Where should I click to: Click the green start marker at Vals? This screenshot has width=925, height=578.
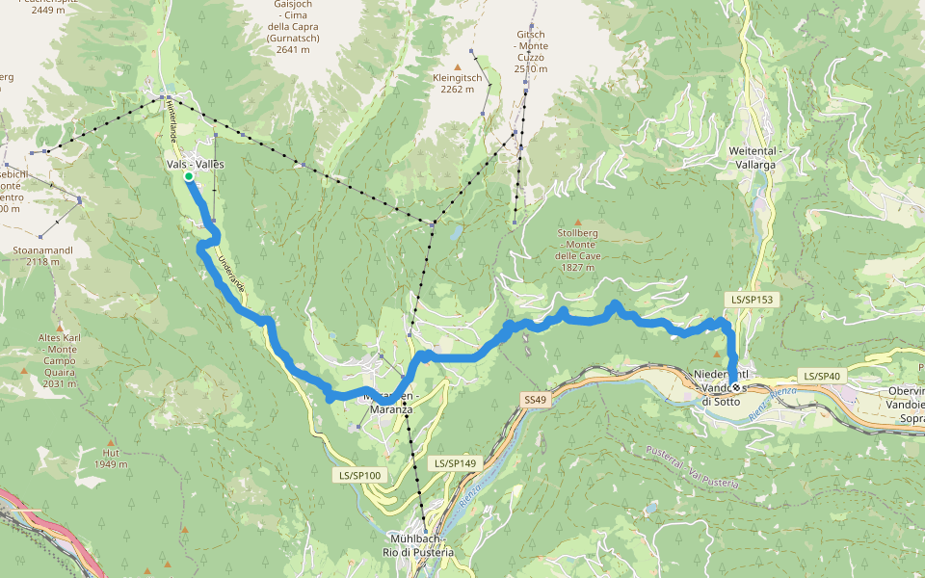pyautogui.click(x=189, y=176)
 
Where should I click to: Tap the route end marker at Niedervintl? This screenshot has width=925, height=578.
pyautogui.click(x=736, y=387)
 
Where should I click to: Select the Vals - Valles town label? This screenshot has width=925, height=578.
pyautogui.click(x=195, y=164)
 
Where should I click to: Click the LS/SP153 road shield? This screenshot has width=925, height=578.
pyautogui.click(x=752, y=300)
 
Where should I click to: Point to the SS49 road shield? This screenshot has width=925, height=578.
pyautogui.click(x=536, y=399)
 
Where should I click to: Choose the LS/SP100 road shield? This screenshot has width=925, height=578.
pyautogui.click(x=359, y=475)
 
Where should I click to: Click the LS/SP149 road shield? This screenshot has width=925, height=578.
pyautogui.click(x=455, y=463)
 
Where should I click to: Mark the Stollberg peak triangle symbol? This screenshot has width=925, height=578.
pyautogui.click(x=578, y=223)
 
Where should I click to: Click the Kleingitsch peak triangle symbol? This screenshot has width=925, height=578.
pyautogui.click(x=458, y=66)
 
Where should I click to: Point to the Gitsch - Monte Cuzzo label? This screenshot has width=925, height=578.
pyautogui.click(x=531, y=51)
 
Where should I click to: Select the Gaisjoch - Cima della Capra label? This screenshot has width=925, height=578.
pyautogui.click(x=293, y=27)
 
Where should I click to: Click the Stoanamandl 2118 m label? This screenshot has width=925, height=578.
pyautogui.click(x=43, y=255)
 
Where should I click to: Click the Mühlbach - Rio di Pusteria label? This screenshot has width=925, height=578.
pyautogui.click(x=421, y=544)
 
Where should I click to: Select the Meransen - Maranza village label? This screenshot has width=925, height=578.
pyautogui.click(x=390, y=403)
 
